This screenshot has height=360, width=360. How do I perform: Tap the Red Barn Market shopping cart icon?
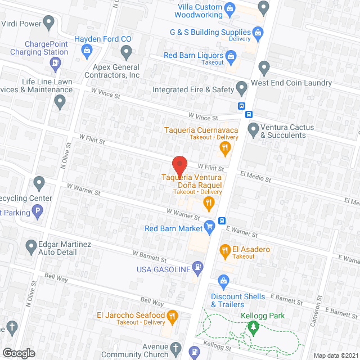tap(210, 227)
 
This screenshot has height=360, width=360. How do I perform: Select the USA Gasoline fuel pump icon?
tap(197, 267)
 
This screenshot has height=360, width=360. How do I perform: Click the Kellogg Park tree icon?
tap(254, 326)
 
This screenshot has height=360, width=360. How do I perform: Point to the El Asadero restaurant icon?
tap(224, 249)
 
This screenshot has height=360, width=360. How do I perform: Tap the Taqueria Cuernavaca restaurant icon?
tap(224, 148)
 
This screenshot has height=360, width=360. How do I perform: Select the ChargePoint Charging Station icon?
tap(56, 63)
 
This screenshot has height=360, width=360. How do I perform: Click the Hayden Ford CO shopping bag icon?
tap(87, 52)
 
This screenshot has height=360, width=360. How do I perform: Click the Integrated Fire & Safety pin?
tap(241, 88)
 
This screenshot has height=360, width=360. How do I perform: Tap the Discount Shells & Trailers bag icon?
tap(223, 280)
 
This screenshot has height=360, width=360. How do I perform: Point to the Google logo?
tap(19, 353)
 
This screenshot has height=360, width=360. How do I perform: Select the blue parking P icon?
tap(38, 213)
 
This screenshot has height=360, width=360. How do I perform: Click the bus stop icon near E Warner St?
tap(222, 220)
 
